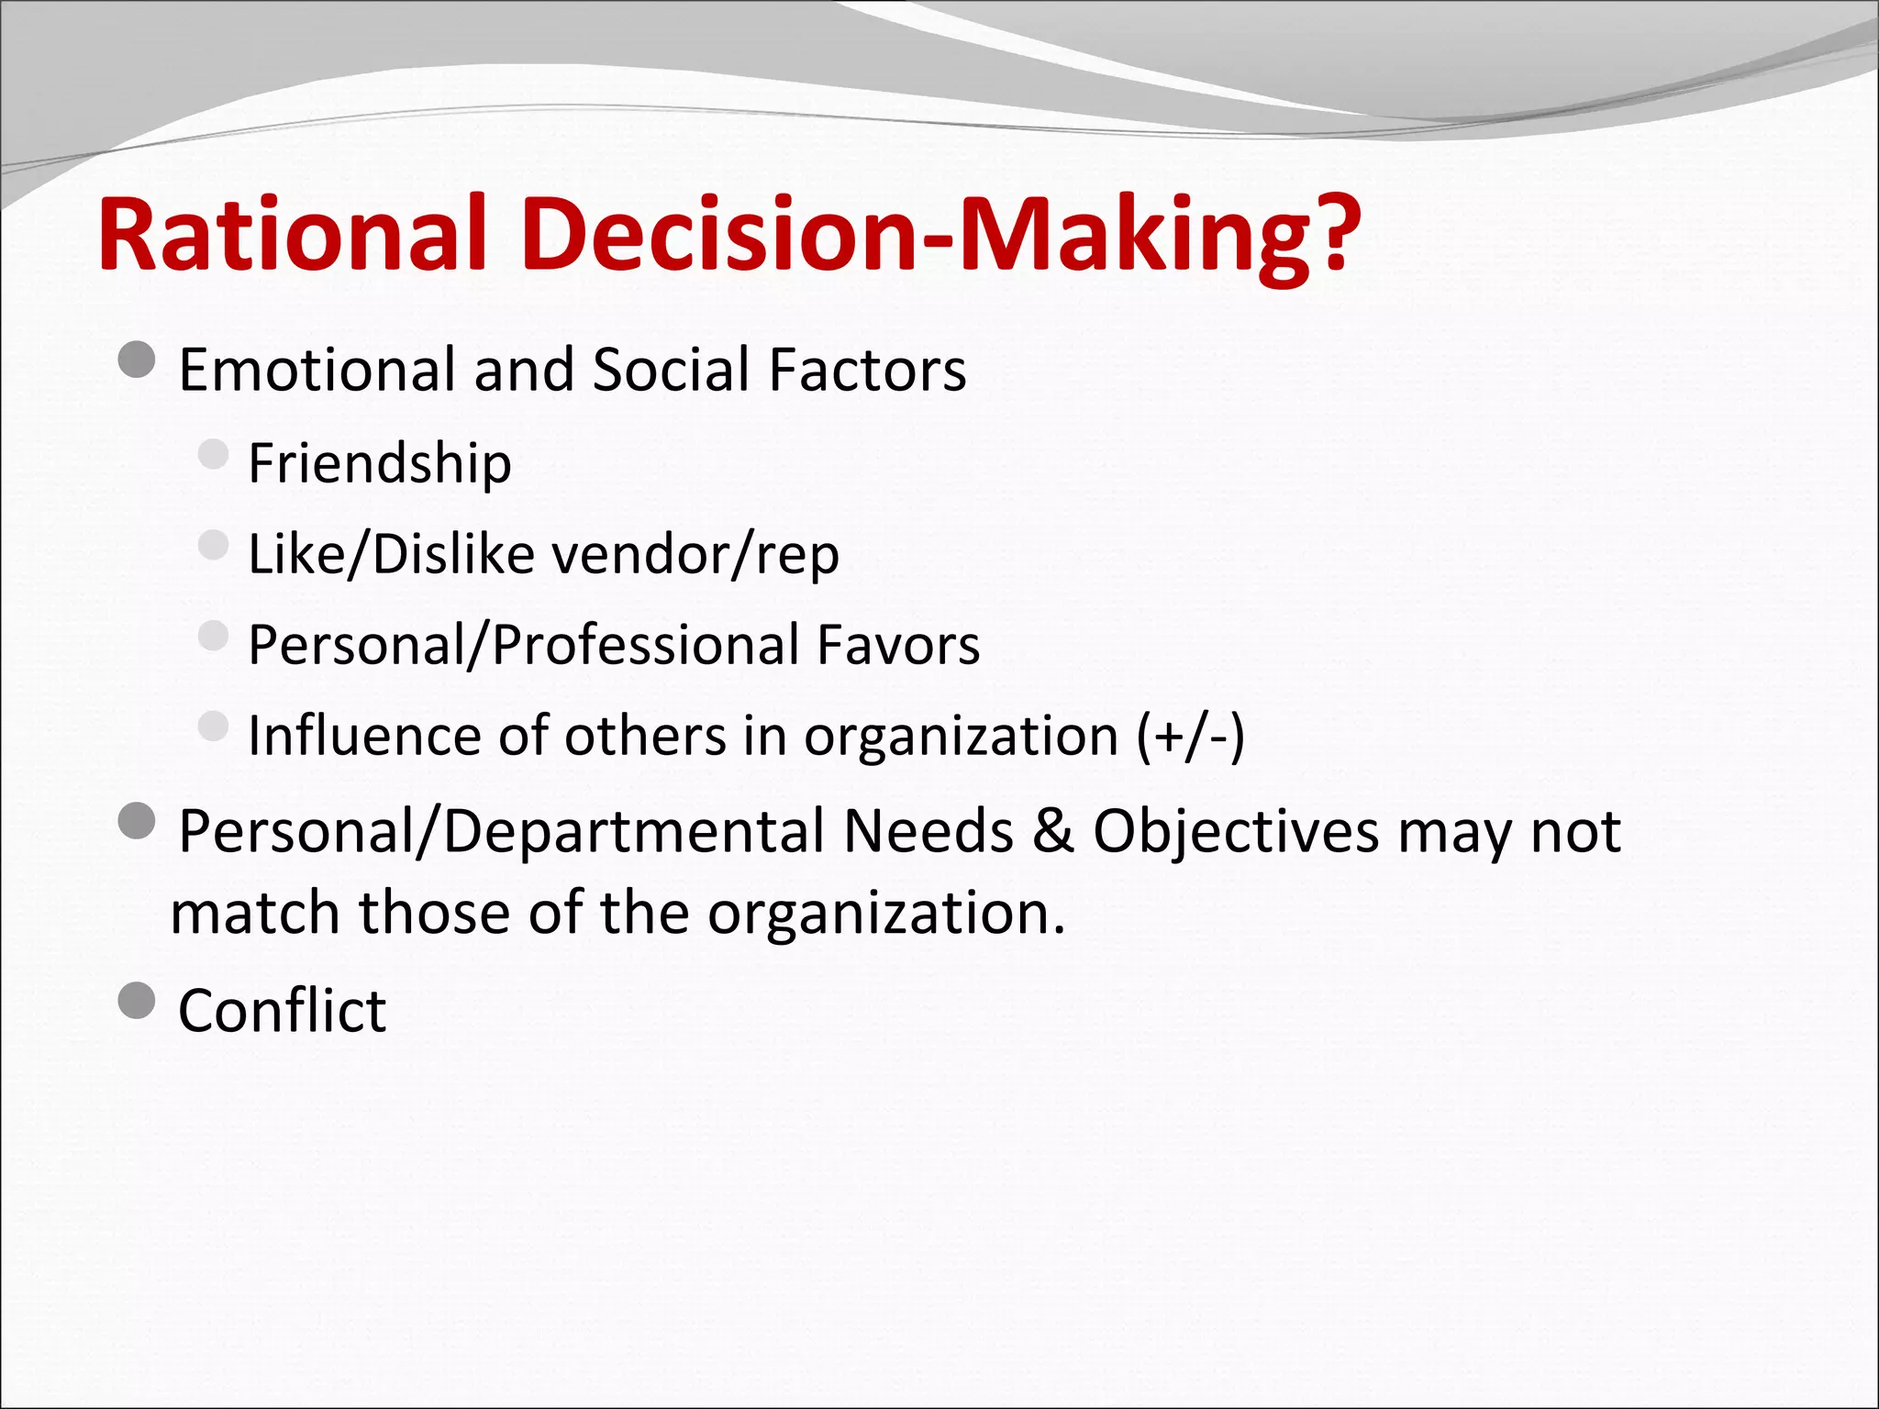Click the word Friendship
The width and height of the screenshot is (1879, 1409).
pos(380,463)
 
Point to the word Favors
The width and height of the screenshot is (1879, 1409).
pos(898,645)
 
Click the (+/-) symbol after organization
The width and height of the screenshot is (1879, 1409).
pos(1191,737)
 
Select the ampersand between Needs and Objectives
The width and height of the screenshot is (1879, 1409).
pos(1052,832)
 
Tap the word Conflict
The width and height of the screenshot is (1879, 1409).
pos(283,1011)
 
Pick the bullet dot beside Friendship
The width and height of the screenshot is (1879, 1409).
pos(213,453)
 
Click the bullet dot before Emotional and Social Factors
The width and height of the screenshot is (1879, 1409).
pos(138,360)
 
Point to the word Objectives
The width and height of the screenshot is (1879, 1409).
pos(1236,832)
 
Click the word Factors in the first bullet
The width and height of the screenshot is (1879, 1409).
pos(868,370)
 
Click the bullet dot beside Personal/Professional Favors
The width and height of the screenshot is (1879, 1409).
pos(213,636)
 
